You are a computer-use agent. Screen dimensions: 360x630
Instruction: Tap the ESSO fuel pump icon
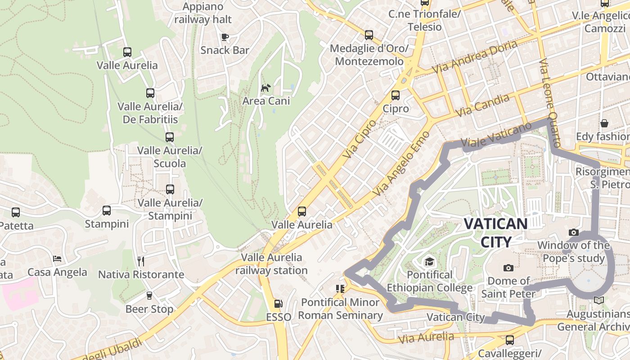[x=279, y=304]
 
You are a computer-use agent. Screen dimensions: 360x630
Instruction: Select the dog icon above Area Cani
[x=266, y=87]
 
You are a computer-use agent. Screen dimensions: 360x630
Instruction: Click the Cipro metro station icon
[x=396, y=95]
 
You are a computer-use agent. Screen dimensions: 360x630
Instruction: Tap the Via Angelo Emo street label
[x=402, y=164]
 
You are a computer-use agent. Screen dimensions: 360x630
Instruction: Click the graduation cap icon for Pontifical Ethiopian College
[x=429, y=261]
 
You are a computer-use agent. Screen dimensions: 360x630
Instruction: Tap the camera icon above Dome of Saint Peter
[x=508, y=268]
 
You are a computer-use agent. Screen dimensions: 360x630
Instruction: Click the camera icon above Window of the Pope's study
[x=573, y=233]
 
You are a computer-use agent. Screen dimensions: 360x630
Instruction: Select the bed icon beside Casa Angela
[x=57, y=259]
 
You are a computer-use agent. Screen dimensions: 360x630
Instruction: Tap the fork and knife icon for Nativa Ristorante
[x=141, y=261]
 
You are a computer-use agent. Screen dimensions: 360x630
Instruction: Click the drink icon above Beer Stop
[x=149, y=296]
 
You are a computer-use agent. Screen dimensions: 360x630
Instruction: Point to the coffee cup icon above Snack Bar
[x=225, y=37]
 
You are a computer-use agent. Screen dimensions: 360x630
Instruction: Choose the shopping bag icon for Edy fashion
[x=604, y=123]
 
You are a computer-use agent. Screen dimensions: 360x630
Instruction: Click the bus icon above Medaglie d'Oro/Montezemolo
[x=369, y=35]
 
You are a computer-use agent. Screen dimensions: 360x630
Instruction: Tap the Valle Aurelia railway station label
[x=271, y=264]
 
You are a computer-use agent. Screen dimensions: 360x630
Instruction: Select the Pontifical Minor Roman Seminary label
[x=341, y=308]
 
